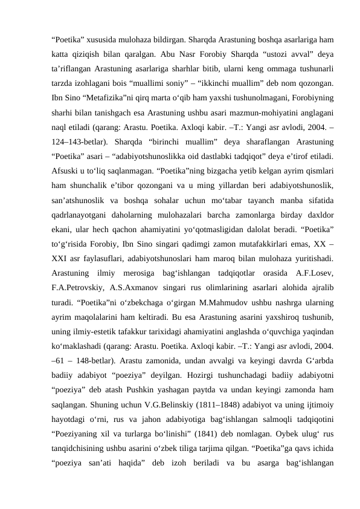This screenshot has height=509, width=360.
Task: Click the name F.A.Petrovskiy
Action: click(x=83, y=285)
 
